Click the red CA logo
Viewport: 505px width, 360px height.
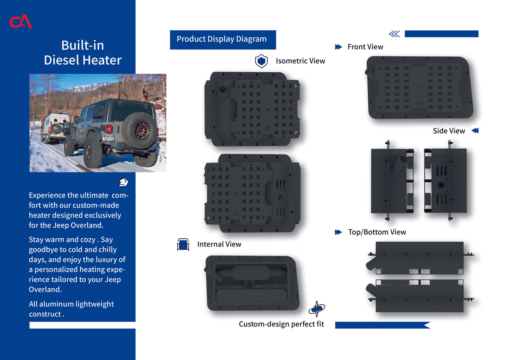(20, 22)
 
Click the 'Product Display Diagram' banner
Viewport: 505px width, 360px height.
(223, 40)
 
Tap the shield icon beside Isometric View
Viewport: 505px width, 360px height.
(261, 61)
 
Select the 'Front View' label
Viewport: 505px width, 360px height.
(365, 47)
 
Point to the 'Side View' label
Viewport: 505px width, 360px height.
(449, 131)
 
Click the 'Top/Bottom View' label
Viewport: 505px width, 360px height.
(377, 232)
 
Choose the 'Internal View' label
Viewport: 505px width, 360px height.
(219, 244)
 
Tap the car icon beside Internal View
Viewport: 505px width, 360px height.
(183, 244)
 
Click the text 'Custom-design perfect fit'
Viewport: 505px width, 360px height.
(281, 324)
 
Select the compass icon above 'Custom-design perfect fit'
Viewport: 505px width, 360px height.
(317, 309)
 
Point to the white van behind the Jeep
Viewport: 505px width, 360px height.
(55, 127)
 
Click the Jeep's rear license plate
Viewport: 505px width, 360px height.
(108, 138)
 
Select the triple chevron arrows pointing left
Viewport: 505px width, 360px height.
(395, 34)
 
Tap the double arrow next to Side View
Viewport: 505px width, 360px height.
(475, 130)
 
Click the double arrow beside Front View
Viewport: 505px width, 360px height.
(339, 47)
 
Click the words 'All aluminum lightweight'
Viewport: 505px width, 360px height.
(71, 304)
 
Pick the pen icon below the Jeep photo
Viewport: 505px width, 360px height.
(123, 181)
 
